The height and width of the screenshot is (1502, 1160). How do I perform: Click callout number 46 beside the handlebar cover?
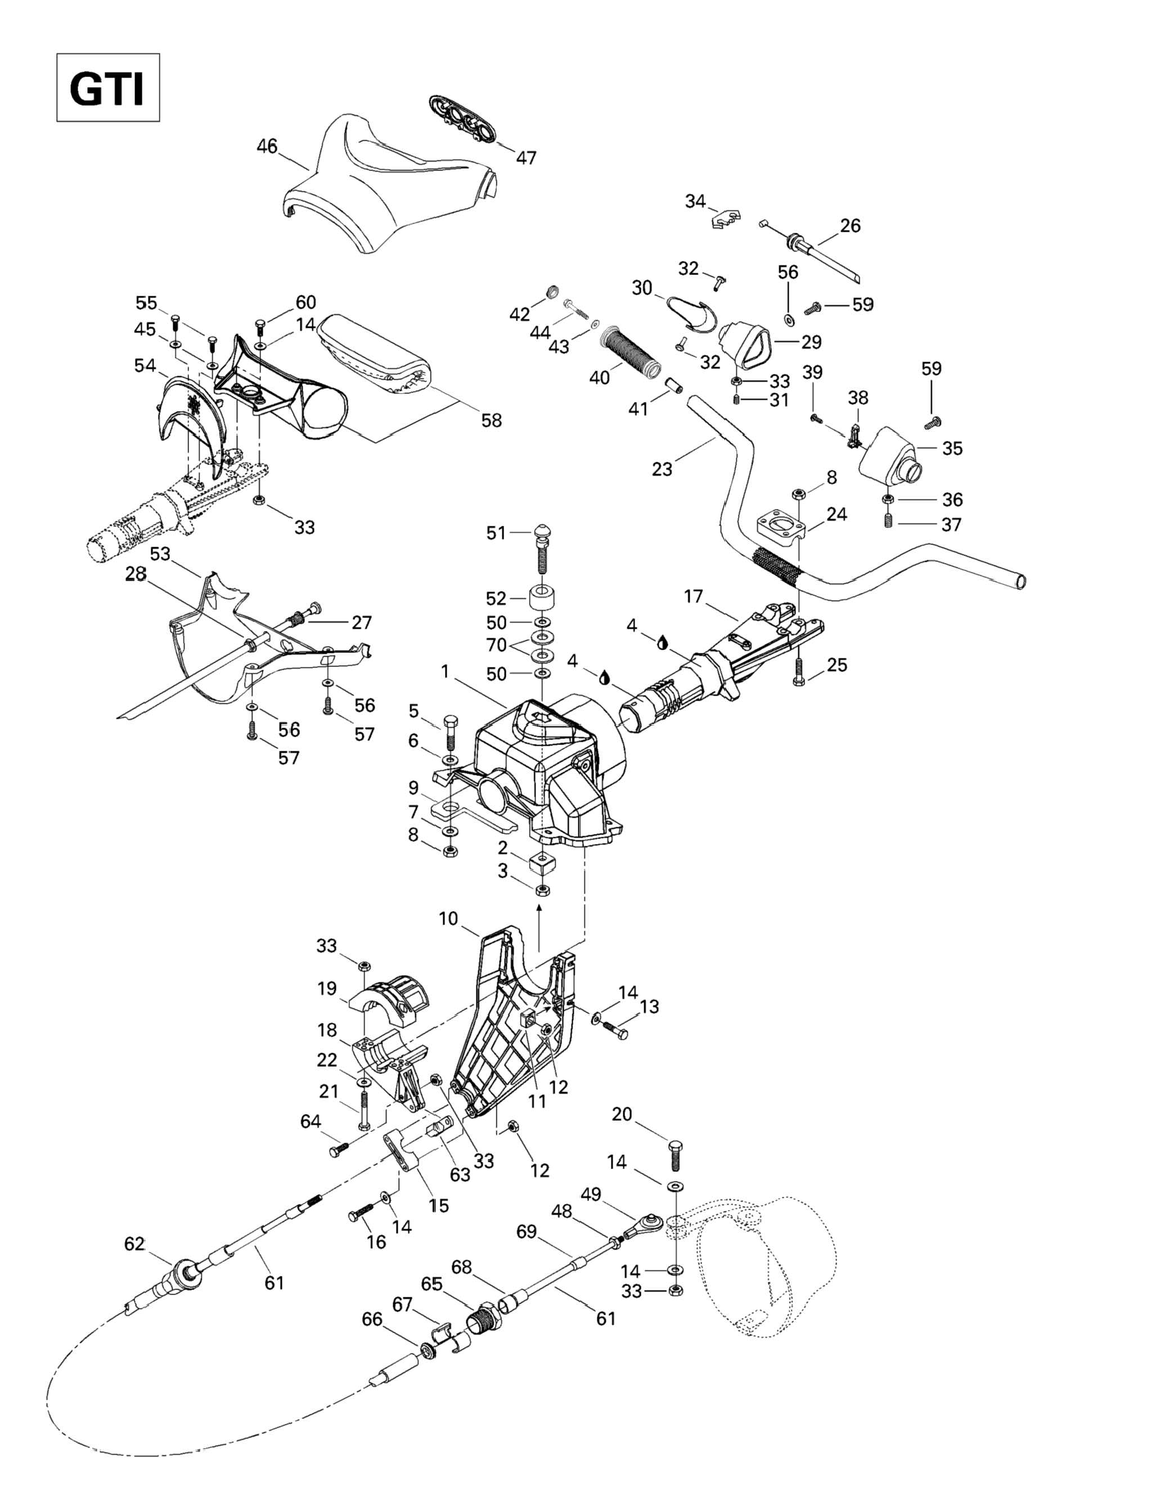[267, 146]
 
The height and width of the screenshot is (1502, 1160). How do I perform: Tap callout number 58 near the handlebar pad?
[491, 420]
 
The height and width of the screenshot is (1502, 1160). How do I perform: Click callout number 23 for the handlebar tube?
[662, 469]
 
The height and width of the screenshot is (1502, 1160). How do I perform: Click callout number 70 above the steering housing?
[496, 645]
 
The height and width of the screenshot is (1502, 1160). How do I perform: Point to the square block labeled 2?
[542, 863]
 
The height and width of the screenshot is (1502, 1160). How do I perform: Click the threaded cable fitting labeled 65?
[484, 1320]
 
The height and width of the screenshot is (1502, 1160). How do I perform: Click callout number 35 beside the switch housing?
[952, 448]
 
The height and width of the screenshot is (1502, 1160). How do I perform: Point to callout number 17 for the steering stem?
[694, 596]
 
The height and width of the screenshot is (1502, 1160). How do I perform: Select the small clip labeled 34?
[725, 218]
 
